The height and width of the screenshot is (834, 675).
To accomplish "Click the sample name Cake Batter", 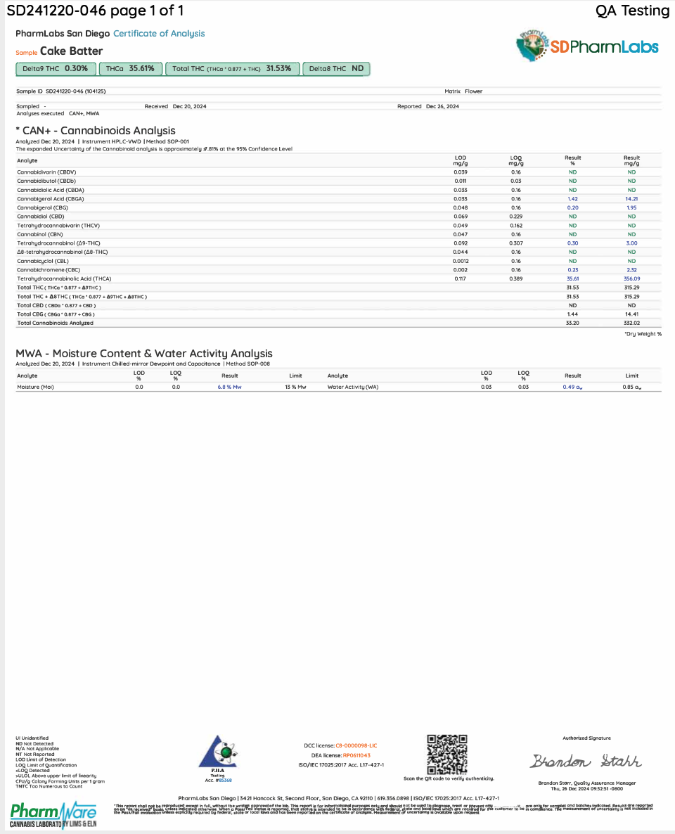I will pos(71,51).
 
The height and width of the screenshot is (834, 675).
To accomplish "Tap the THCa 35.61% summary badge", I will pos(130,69).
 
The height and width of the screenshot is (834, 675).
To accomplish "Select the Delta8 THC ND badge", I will pos(337,69).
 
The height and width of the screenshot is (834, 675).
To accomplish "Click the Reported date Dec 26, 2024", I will pos(442,107).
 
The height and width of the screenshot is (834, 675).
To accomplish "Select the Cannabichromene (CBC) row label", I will pos(48,270).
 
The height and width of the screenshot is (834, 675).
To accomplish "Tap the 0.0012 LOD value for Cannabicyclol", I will pos(461,261).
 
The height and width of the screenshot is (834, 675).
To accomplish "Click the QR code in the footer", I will pos(447,753).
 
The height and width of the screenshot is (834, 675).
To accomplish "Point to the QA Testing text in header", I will pos(632,11).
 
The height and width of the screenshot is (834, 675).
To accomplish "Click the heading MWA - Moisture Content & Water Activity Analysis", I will pos(144,354).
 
